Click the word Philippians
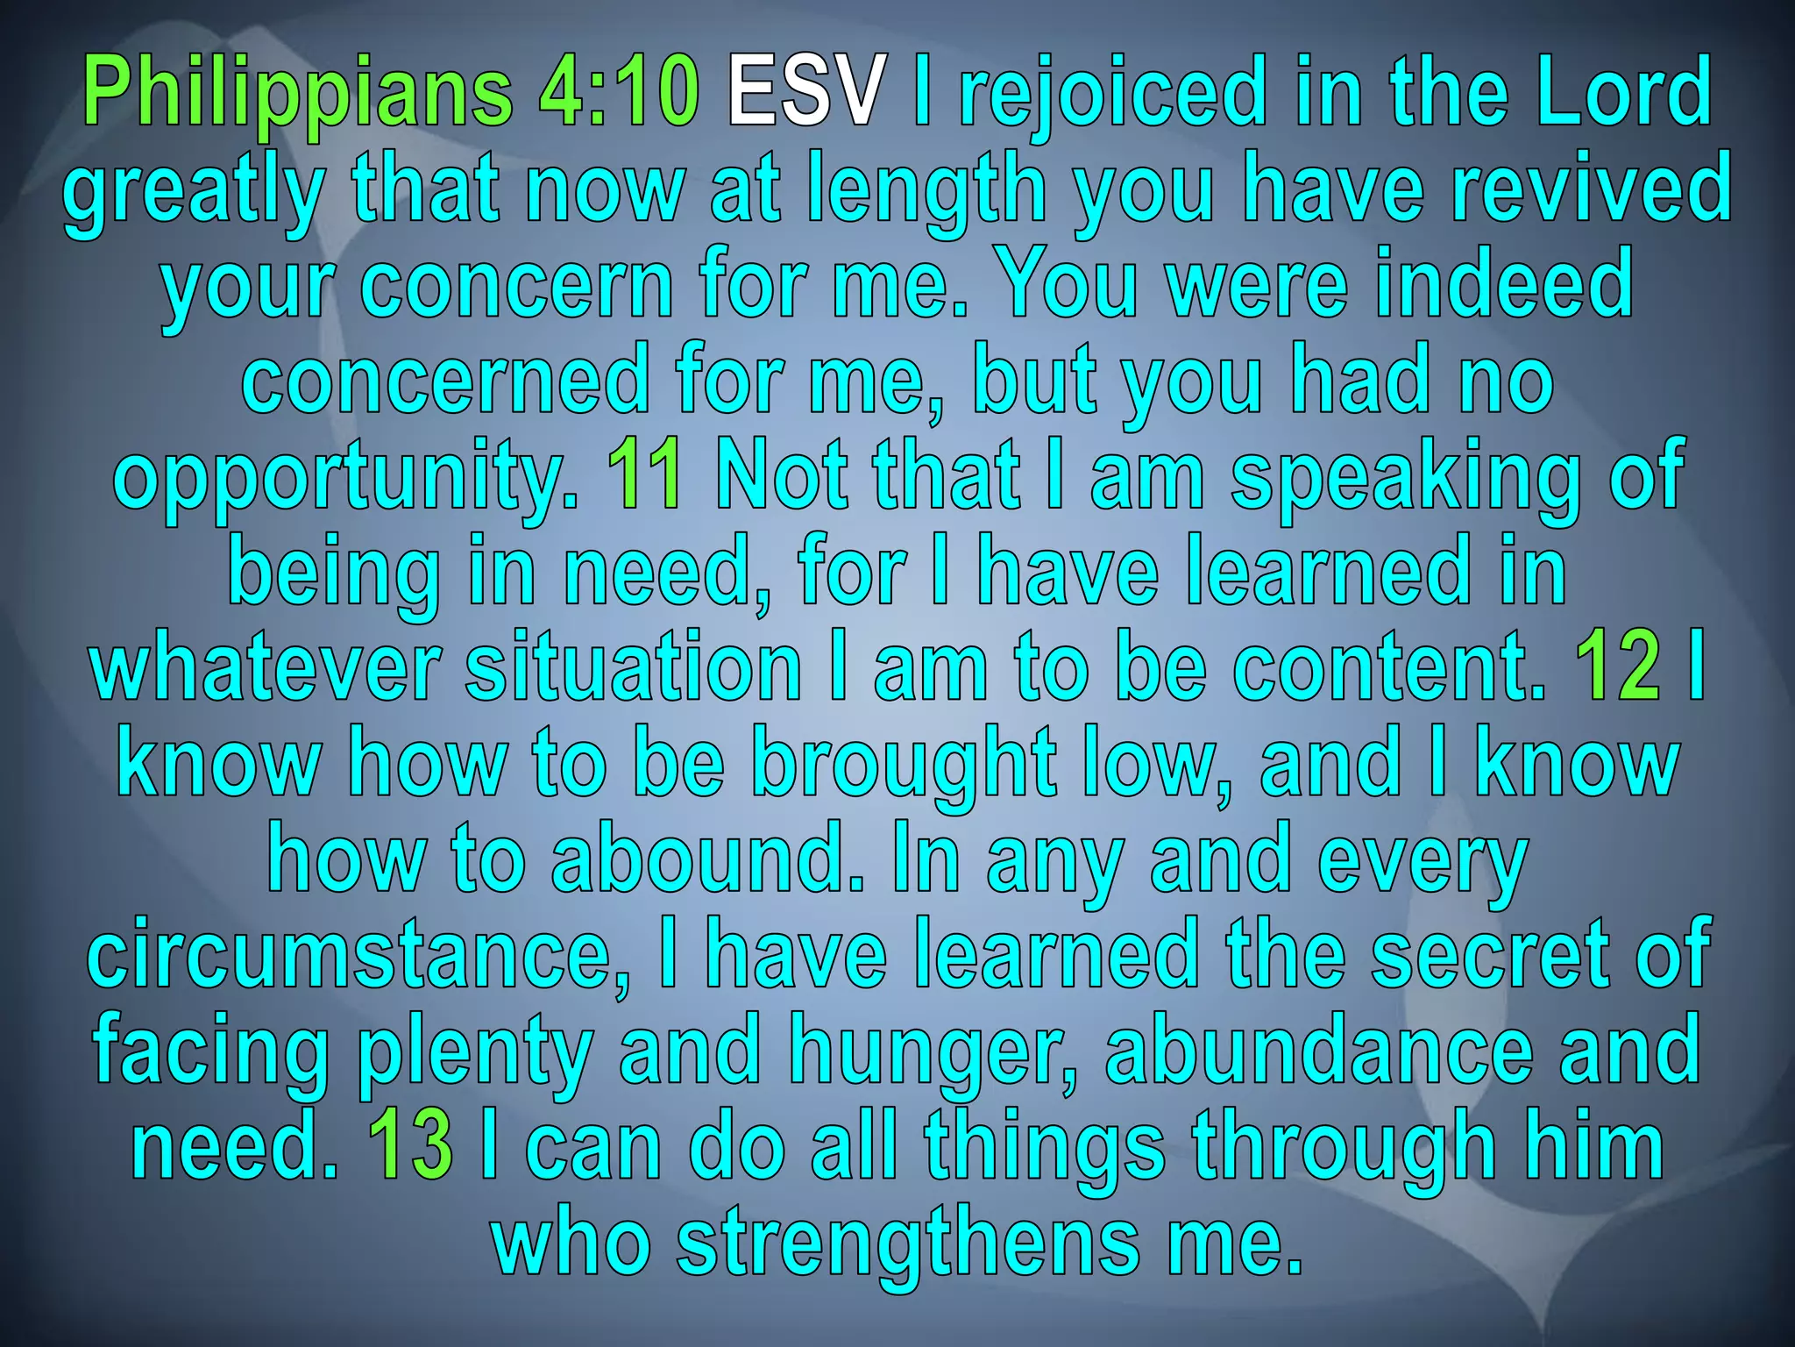(x=298, y=92)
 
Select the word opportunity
(x=345, y=478)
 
